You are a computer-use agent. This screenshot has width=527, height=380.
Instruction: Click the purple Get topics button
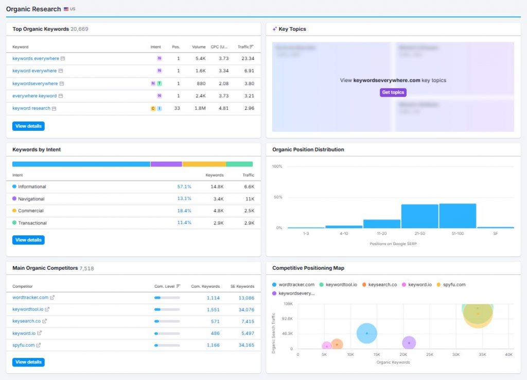(x=393, y=93)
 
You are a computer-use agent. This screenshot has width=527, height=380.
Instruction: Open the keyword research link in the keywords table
(x=31, y=109)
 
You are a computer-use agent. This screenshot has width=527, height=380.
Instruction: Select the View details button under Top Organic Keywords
(x=28, y=126)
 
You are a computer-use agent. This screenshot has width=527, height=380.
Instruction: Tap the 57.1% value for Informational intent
(x=184, y=187)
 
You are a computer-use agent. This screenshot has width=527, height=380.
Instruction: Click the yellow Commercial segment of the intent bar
(x=204, y=164)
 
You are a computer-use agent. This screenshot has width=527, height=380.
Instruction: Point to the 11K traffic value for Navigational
(x=249, y=199)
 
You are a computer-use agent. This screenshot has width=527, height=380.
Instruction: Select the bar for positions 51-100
(x=458, y=216)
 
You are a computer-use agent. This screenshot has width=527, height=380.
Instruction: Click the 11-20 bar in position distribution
(x=382, y=223)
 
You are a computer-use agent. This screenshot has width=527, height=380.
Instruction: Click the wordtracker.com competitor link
(x=30, y=298)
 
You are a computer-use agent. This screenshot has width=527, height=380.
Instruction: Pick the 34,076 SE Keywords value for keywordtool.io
(x=246, y=309)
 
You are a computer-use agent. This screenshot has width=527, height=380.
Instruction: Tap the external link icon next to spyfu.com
(x=39, y=345)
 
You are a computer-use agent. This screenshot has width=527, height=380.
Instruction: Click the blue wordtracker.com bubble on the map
(x=366, y=333)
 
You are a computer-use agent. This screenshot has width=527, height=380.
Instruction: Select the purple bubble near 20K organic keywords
(x=409, y=343)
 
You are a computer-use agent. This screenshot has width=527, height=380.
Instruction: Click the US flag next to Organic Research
(x=66, y=9)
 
